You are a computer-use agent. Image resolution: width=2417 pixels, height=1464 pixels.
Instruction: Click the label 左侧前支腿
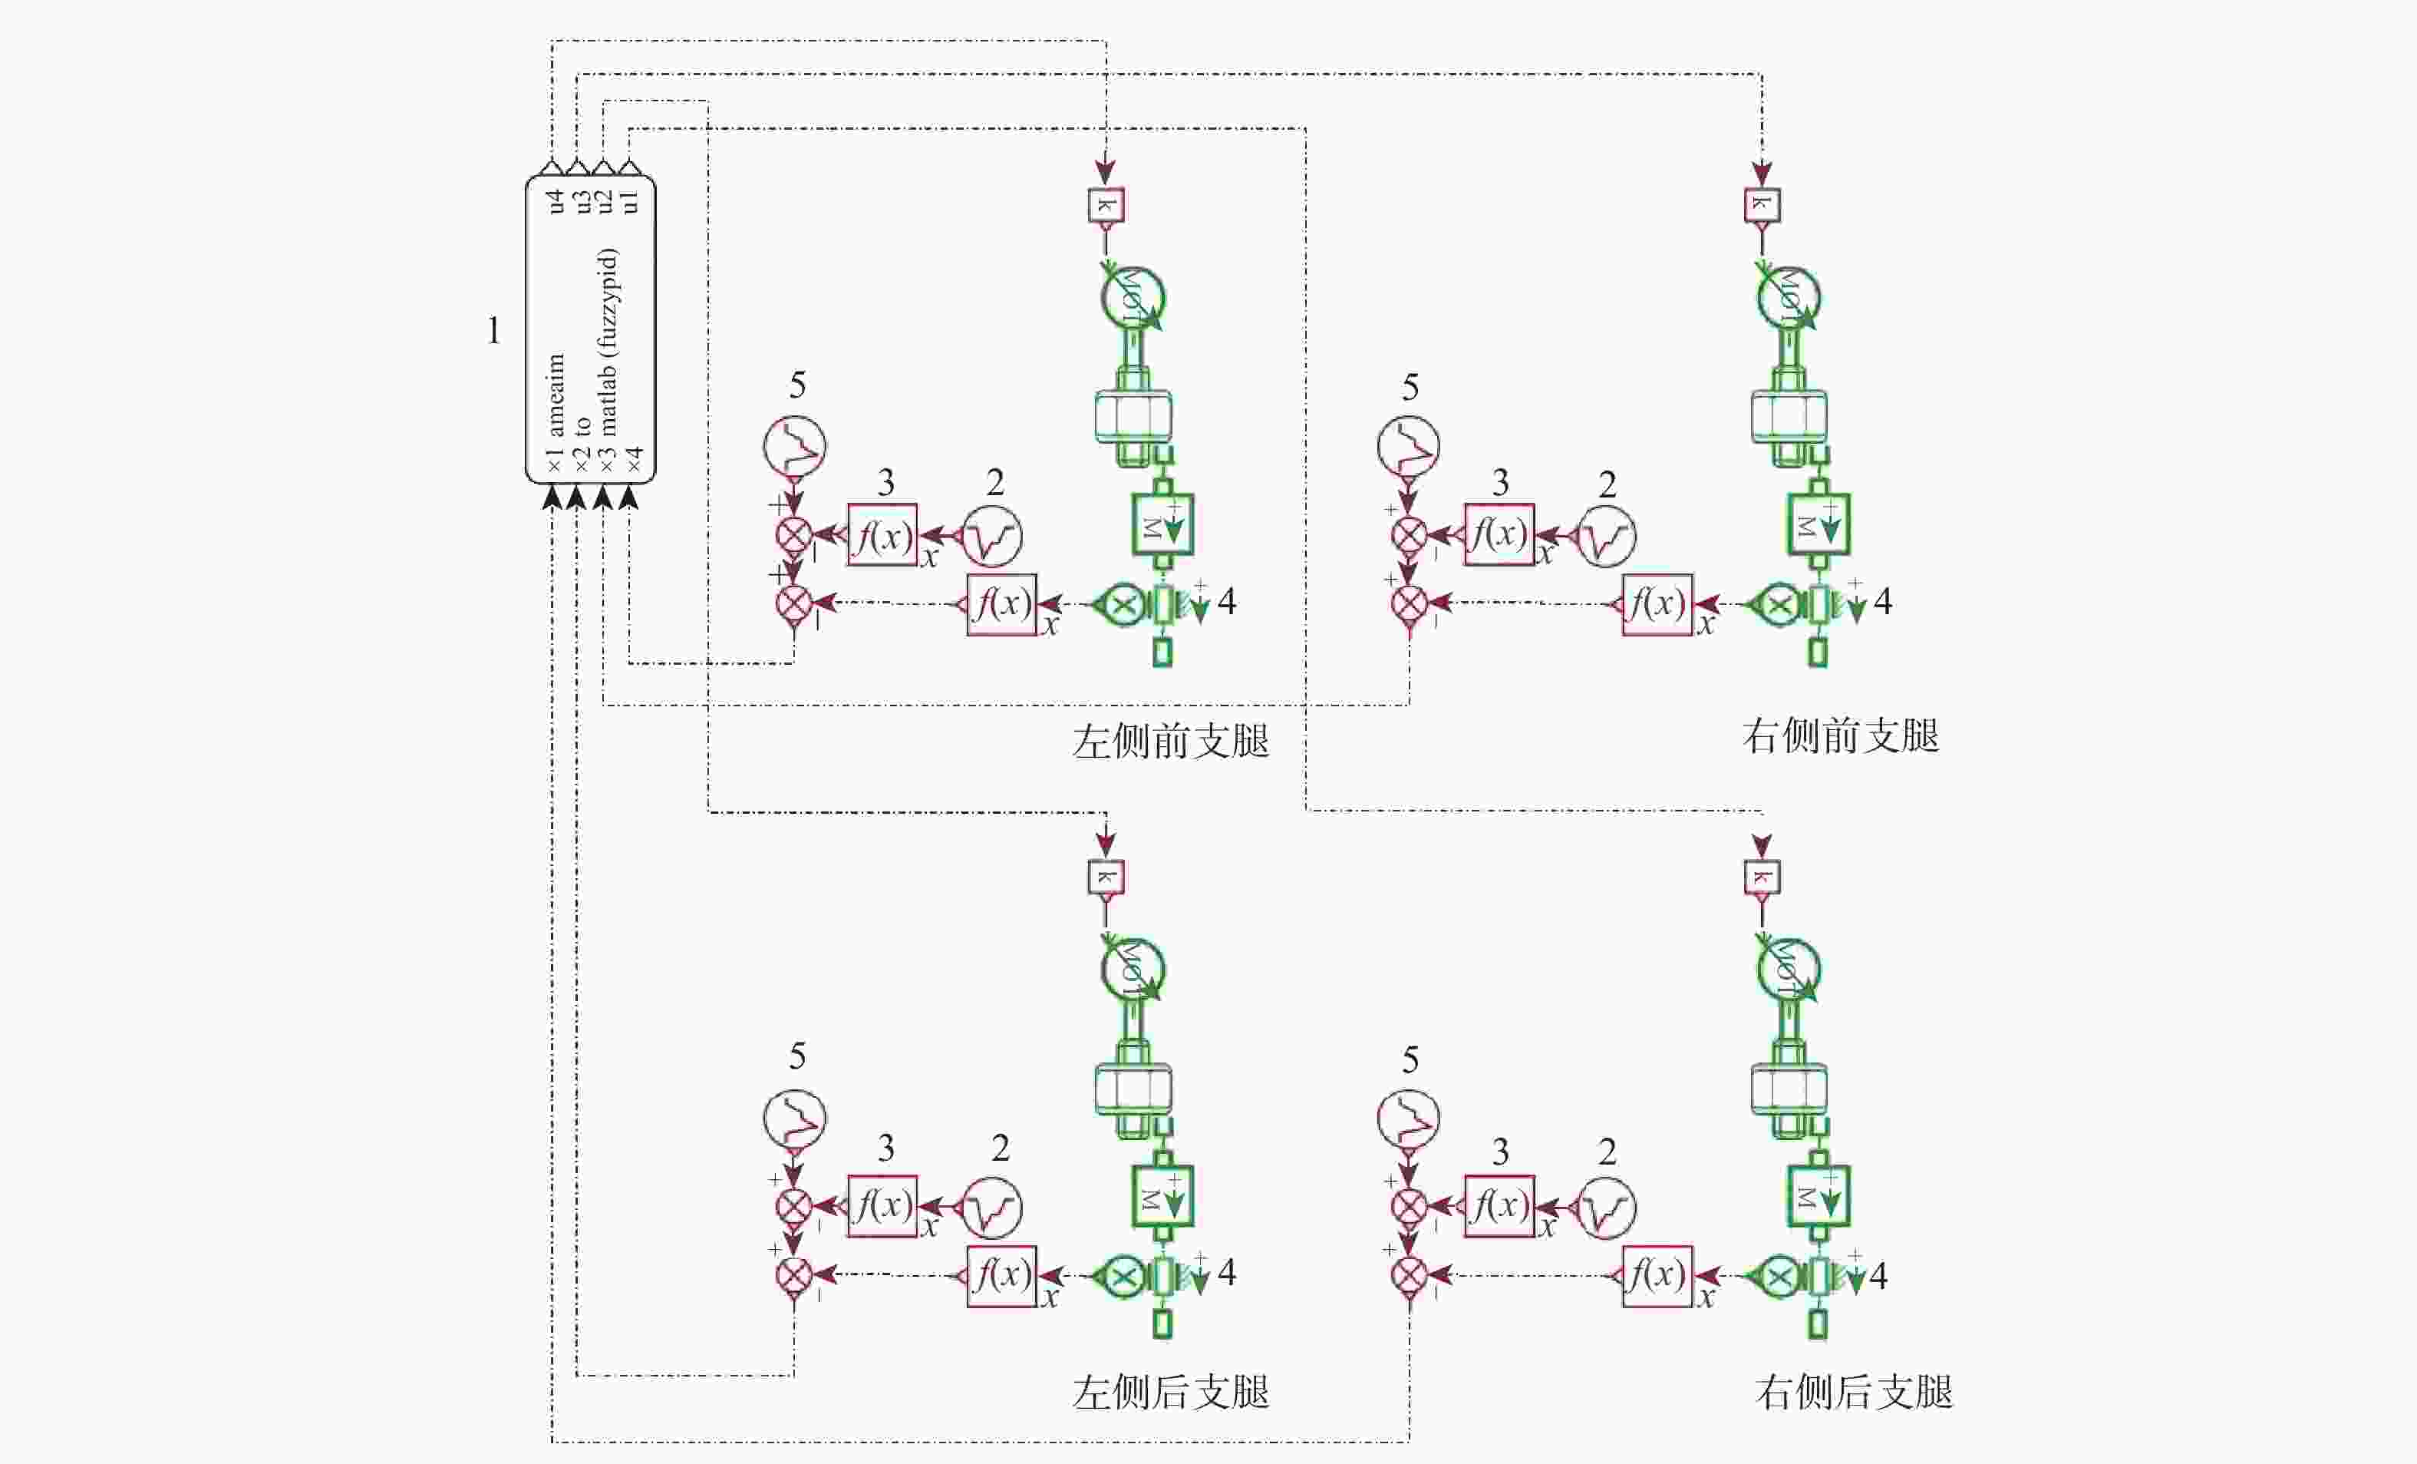click(1170, 742)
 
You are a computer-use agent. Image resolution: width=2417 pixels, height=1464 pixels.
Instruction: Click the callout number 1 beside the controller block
click(493, 332)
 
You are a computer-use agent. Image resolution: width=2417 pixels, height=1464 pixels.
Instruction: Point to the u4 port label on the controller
click(556, 201)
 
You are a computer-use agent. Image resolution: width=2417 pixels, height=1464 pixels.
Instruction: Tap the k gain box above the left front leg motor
click(1106, 205)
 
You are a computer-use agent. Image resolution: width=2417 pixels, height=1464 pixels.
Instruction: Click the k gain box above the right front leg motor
click(1762, 205)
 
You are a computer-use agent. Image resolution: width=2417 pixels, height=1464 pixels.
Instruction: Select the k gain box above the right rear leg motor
click(1762, 877)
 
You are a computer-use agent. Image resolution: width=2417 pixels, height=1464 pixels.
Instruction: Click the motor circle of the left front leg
click(1132, 297)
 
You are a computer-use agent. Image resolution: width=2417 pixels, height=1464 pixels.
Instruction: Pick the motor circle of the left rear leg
click(1132, 970)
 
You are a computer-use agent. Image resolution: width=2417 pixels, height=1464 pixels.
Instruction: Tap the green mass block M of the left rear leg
click(1162, 1196)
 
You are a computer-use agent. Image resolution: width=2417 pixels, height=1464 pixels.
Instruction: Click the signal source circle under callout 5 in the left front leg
click(795, 447)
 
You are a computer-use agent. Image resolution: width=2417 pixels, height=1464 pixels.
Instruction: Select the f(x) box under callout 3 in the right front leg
click(1498, 535)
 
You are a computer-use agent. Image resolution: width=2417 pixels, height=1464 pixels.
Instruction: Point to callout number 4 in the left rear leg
click(1226, 1274)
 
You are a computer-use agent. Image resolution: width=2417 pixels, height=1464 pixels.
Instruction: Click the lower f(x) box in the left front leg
click(1001, 604)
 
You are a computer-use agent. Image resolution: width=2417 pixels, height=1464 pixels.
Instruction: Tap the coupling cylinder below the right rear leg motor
click(1789, 1089)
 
